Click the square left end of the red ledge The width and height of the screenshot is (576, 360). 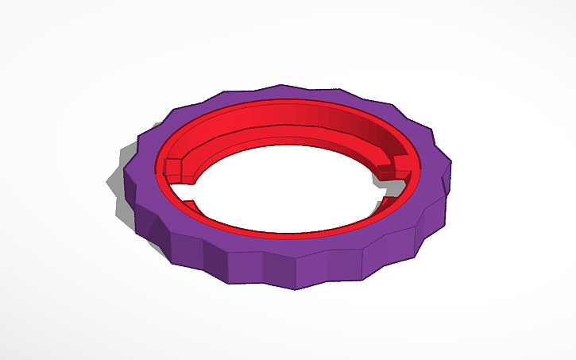pos(172,168)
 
